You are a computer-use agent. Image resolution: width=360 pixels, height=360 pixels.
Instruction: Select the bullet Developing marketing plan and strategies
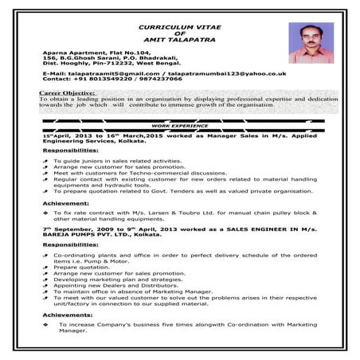pos(112,280)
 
